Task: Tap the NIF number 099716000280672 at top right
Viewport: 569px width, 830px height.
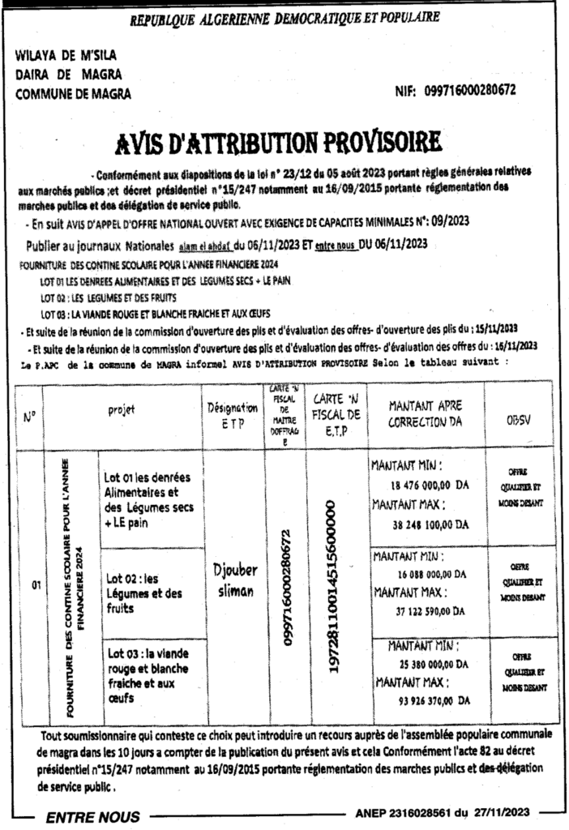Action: coord(470,92)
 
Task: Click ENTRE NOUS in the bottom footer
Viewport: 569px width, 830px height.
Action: coord(92,817)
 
